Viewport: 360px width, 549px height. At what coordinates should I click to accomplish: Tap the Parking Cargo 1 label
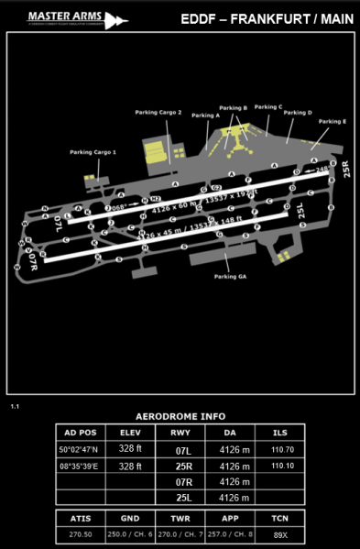pos(93,152)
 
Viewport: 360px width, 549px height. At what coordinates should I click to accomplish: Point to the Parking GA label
pos(230,276)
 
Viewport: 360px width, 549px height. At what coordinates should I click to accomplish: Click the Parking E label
pos(331,121)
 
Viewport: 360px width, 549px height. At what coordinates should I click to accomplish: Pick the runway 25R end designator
pos(346,170)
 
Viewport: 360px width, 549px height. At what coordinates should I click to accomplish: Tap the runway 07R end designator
pos(34,260)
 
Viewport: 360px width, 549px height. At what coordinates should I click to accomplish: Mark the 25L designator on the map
pos(301,212)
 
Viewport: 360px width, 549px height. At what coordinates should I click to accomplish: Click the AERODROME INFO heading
pos(180,415)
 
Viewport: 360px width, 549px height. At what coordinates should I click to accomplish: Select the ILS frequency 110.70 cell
pos(283,450)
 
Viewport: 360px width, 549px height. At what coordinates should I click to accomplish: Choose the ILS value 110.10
pos(283,466)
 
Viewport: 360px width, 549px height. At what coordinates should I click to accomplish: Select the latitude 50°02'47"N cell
pos(78,450)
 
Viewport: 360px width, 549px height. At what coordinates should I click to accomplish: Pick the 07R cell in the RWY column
pos(182,481)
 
